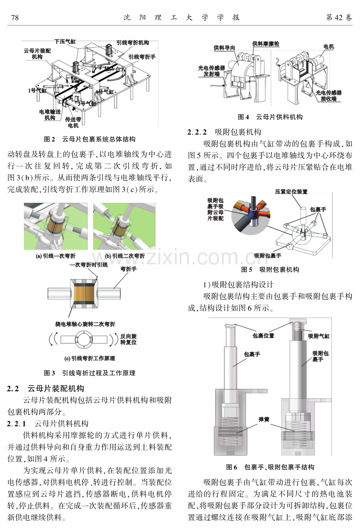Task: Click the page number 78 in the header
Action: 14,18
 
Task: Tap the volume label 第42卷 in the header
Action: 339,18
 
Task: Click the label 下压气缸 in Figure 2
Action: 65,42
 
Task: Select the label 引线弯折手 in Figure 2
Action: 142,57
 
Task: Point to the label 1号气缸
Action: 38,90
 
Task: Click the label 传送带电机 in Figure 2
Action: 73,122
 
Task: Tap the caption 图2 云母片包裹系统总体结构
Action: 90,139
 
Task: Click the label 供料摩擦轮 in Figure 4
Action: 266,44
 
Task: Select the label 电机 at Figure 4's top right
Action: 329,47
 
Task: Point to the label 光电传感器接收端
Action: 329,96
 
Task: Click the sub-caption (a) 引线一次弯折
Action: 56,256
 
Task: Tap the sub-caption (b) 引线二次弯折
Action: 125,256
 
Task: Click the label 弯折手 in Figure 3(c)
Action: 128,269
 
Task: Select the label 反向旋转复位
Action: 128,339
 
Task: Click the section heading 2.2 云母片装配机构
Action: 45,388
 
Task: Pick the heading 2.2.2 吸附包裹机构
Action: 224,132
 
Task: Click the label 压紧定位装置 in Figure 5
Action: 291,191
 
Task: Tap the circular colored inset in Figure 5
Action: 251,215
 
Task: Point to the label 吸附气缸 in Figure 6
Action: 319,336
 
